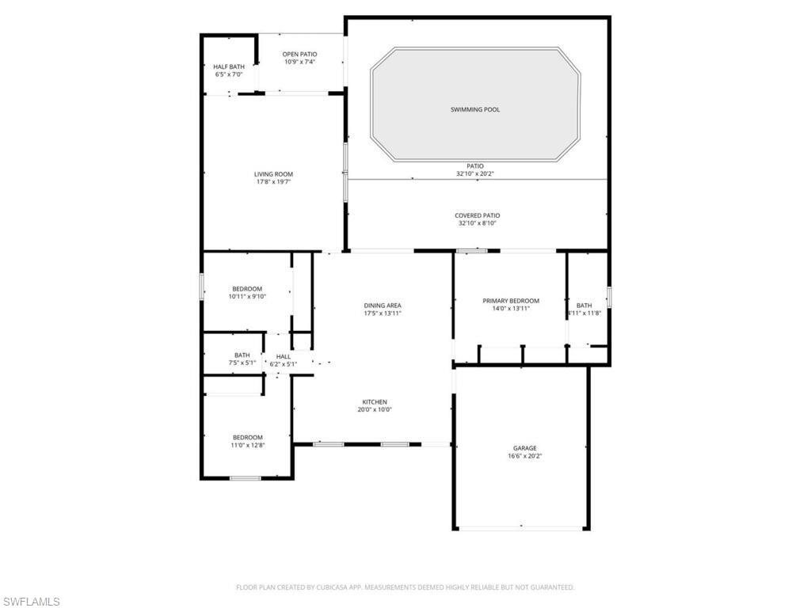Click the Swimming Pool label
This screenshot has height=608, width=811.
coord(475,109)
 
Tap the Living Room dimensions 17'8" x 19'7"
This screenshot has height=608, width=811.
coord(273,182)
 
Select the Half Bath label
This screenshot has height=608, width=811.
coord(229,66)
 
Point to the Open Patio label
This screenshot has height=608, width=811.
coord(300,54)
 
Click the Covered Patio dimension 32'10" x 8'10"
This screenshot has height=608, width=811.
coord(478,223)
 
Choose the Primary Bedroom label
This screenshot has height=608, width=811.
coord(511,301)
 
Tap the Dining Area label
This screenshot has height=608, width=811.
coord(383,306)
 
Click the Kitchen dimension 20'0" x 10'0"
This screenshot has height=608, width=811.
coord(375,410)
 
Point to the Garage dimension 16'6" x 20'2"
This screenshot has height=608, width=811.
coord(524,456)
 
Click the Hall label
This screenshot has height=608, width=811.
coord(284,356)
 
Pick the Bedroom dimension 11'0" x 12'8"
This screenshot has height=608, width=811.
coord(247,446)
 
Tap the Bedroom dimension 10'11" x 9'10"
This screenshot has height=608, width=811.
coord(247,297)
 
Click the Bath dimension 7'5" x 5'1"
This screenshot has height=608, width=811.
coord(242,363)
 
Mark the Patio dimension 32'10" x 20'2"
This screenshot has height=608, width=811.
coord(475,173)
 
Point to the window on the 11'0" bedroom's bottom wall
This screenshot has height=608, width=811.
coord(246,478)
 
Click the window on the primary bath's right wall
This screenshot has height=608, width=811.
coord(609,297)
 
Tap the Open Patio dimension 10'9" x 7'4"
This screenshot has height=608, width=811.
coord(300,62)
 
